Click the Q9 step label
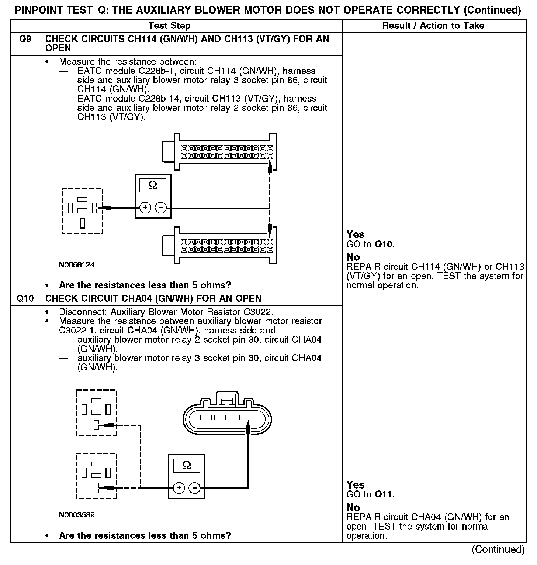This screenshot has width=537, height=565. (x=25, y=39)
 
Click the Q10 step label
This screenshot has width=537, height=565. (x=25, y=298)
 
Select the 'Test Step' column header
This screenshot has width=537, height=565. (x=169, y=26)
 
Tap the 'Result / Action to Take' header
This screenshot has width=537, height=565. (x=433, y=26)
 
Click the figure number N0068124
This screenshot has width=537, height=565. (x=77, y=265)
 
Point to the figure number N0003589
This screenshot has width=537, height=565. (x=77, y=515)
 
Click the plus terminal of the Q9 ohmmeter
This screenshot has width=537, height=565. (x=145, y=208)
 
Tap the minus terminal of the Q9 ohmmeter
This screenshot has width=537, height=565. (x=160, y=208)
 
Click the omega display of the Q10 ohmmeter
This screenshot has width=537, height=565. (x=187, y=465)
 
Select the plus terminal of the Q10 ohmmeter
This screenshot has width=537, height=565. (x=179, y=488)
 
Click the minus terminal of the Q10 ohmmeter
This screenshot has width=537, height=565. (x=194, y=488)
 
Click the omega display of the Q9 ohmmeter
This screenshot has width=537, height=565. (x=153, y=185)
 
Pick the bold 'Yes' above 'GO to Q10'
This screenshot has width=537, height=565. (x=356, y=234)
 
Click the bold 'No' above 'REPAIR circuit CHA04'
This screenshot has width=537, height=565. (x=353, y=507)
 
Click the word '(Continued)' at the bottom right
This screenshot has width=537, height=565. (x=498, y=549)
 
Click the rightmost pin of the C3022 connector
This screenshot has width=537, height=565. (x=249, y=418)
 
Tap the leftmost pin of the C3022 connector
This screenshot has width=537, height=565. (x=205, y=418)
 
